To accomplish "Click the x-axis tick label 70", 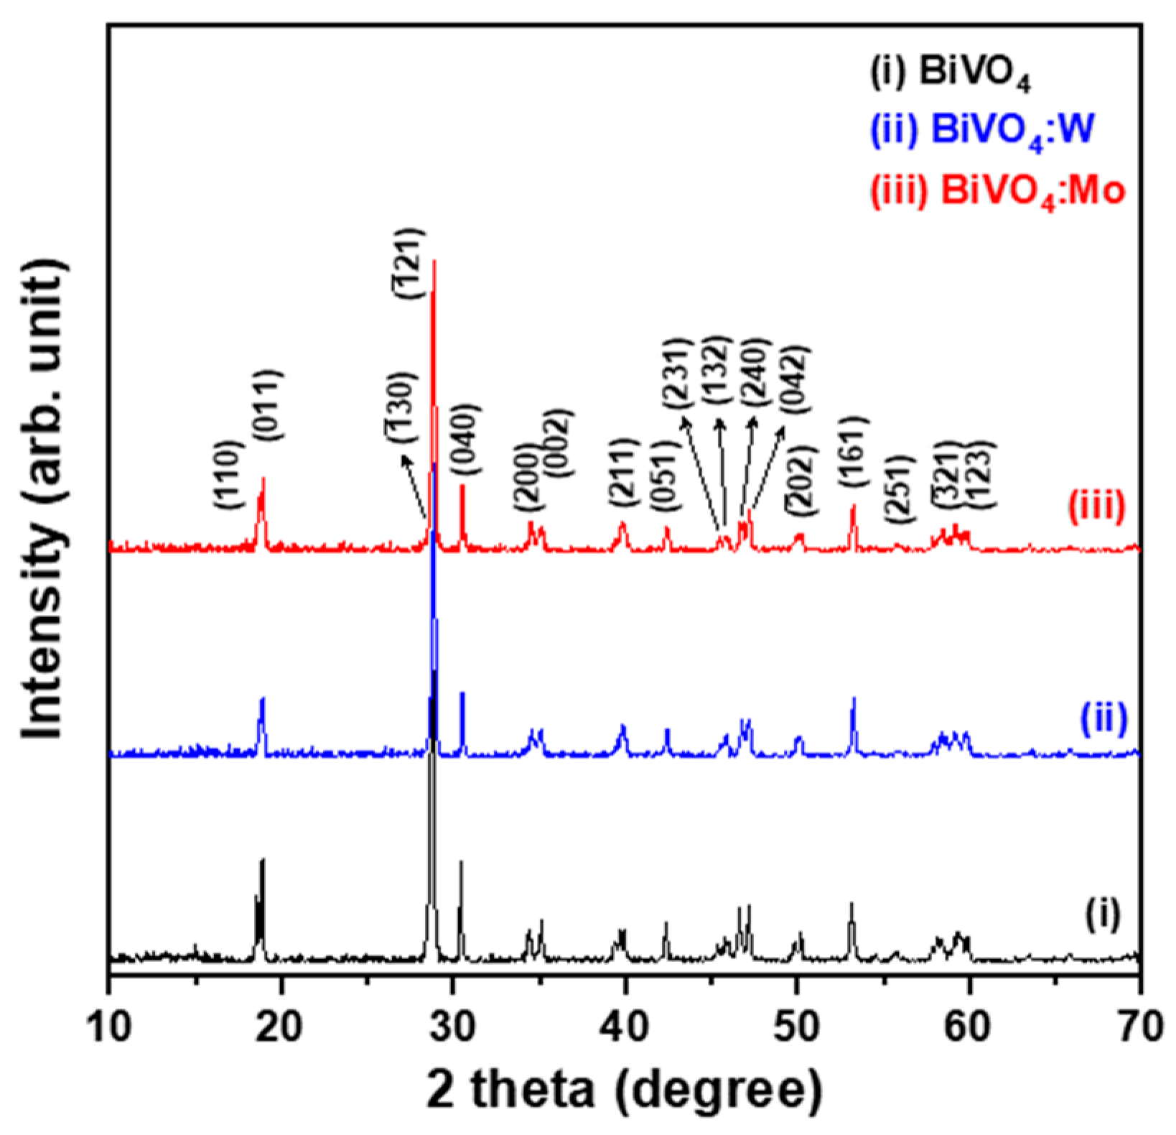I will (x=1139, y=1027).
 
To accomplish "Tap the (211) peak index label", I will (x=622, y=476).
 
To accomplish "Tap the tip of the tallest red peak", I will (x=434, y=261).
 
